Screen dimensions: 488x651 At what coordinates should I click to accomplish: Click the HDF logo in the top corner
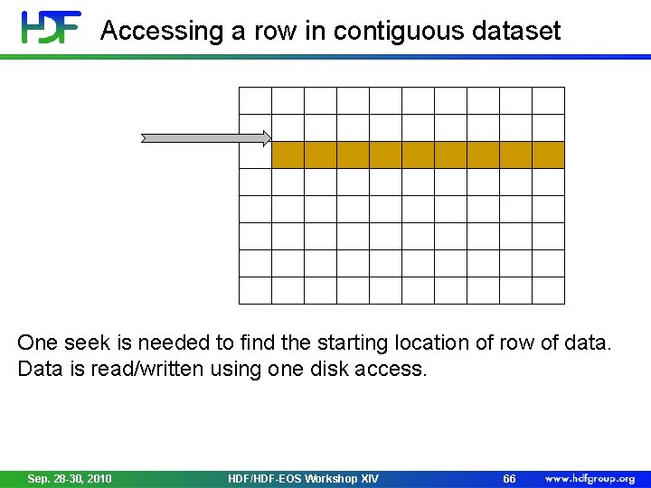click(52, 27)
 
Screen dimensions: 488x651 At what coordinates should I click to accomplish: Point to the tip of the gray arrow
click(269, 138)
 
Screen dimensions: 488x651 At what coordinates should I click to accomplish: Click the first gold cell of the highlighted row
click(288, 155)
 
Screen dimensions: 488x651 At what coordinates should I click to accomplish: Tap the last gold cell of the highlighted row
click(548, 155)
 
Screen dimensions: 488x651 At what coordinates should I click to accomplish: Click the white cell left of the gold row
click(255, 155)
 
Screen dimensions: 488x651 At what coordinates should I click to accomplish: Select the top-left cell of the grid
click(255, 100)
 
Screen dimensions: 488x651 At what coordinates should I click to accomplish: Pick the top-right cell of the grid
click(548, 100)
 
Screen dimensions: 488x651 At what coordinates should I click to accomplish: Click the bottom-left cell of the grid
click(255, 290)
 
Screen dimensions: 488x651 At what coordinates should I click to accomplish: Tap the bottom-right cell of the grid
click(548, 290)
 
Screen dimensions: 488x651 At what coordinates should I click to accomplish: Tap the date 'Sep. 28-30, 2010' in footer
click(70, 478)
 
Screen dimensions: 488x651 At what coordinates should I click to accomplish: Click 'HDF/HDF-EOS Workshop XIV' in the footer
click(303, 478)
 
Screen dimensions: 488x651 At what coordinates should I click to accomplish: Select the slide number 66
click(509, 478)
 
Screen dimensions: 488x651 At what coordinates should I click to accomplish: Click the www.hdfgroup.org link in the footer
click(590, 478)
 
